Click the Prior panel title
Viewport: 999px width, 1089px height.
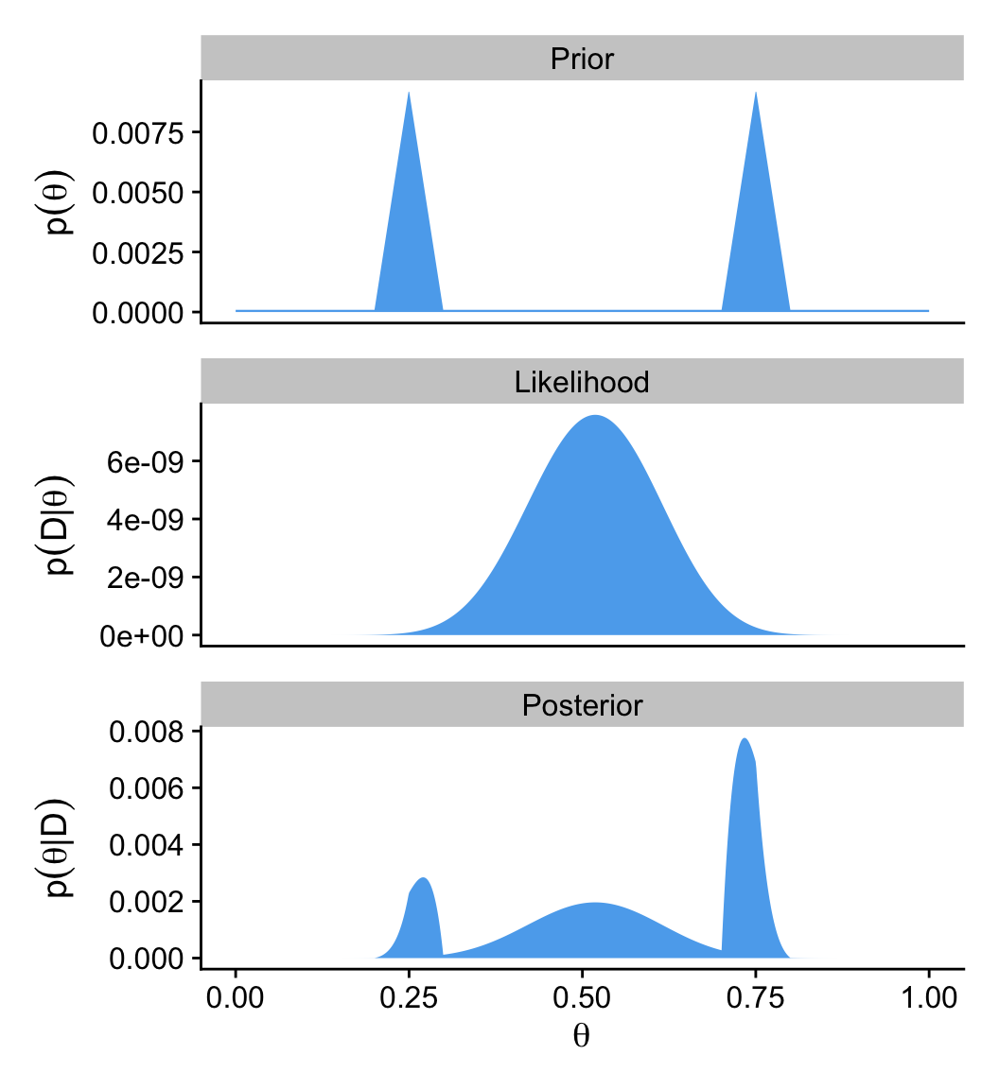pos(582,60)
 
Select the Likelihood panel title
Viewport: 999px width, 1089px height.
pos(582,382)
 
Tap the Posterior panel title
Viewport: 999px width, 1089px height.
pos(582,705)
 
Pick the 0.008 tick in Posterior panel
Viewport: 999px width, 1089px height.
pos(149,732)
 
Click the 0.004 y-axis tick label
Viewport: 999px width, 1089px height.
pos(149,845)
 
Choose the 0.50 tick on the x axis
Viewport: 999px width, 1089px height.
pos(582,999)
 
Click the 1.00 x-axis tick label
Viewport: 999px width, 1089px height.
pos(929,999)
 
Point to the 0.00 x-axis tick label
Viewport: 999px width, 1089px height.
pos(236,999)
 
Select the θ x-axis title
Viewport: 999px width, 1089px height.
pos(582,1037)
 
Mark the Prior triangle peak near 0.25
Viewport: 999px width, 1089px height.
pos(409,94)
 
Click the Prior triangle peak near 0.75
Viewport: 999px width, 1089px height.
pos(756,94)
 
